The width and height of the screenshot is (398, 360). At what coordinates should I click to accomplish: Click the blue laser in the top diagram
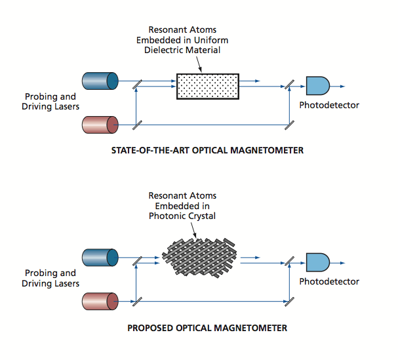pos(100,81)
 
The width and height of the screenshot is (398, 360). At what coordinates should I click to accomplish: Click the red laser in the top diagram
pos(100,124)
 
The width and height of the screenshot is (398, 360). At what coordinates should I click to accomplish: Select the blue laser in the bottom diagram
pos(100,256)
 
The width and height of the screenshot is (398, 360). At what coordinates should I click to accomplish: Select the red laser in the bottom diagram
pos(100,301)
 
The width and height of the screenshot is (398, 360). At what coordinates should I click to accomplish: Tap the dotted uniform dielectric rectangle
pos(208,86)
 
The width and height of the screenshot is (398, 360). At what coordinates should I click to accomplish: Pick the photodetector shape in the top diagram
pos(317,85)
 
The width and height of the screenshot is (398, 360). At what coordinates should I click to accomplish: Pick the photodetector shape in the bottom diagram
pos(317,261)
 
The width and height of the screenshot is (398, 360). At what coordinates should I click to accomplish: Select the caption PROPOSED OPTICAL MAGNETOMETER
pos(209,327)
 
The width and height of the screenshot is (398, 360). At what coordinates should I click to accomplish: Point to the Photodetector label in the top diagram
pos(329,105)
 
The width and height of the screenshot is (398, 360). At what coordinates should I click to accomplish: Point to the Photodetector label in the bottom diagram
pos(329,281)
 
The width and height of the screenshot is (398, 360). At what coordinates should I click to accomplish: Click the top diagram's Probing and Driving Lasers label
pos(51,102)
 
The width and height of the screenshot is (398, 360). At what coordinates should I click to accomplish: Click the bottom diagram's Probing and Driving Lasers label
pos(51,278)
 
